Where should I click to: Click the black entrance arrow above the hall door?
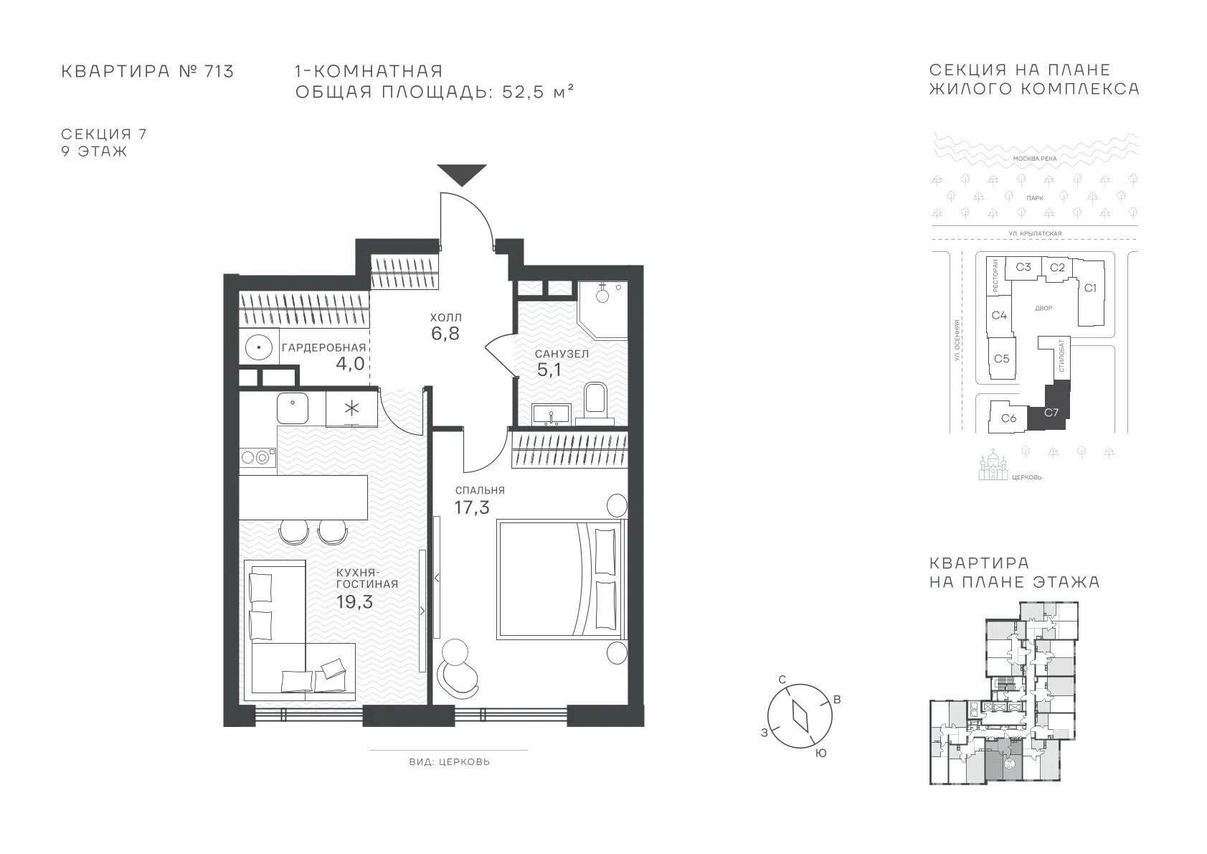(462, 174)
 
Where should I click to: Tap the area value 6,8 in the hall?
(445, 334)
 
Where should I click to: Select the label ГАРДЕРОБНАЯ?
(324, 348)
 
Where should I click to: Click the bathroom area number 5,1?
(549, 370)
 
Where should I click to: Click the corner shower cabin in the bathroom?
(602, 309)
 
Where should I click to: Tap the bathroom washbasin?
(552, 414)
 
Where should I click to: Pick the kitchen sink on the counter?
(293, 408)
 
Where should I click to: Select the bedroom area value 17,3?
(472, 507)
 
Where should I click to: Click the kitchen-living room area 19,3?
(354, 601)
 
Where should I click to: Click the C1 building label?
(1090, 288)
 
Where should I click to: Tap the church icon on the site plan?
(993, 465)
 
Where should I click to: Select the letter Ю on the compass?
(820, 754)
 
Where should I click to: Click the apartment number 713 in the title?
(219, 71)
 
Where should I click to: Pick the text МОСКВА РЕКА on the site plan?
(1035, 159)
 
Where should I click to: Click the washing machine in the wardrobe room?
(259, 348)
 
